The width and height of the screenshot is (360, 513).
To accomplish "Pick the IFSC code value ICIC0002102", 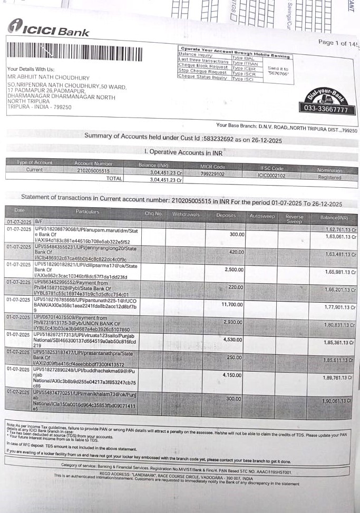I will [272, 176].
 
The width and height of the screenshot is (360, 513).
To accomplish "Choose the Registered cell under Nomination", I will [330, 178].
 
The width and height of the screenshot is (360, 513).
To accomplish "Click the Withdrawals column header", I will [186, 214].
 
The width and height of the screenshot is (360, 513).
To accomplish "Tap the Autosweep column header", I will [261, 216].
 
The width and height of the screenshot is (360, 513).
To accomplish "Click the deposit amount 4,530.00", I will [231, 340].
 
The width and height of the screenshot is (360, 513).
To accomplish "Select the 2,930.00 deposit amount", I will [232, 322].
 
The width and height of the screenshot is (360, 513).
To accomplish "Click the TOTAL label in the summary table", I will [113, 179].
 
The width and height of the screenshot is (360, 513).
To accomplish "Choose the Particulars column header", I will [87, 212].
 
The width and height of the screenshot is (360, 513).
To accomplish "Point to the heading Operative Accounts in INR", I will [183, 152].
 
